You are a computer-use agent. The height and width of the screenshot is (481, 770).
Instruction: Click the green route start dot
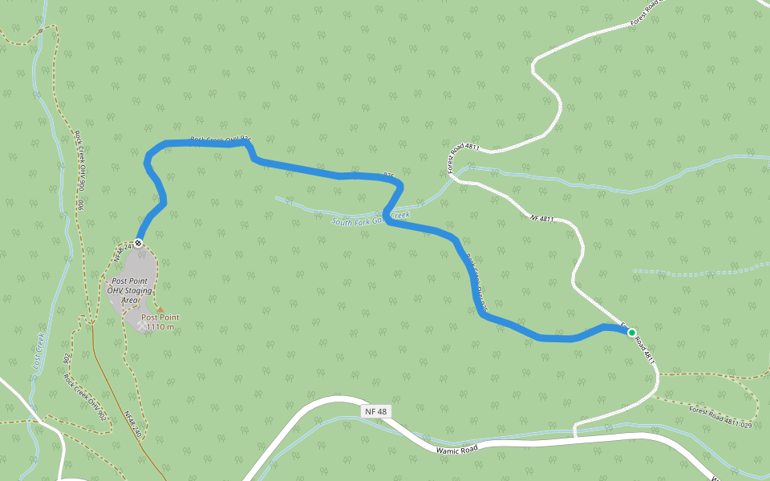(631, 332)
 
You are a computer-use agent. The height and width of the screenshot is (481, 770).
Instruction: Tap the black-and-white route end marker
(139, 243)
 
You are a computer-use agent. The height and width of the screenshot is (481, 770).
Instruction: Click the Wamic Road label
(457, 450)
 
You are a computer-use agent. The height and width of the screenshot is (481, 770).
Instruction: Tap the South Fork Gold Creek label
(371, 217)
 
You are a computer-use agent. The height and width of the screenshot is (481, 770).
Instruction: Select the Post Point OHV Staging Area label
(129, 289)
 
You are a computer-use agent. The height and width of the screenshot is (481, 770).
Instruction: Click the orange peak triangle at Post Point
(160, 309)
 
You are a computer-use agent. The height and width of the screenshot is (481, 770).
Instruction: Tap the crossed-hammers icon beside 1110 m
(142, 326)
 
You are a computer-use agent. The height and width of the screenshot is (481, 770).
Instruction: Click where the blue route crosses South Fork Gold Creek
(389, 214)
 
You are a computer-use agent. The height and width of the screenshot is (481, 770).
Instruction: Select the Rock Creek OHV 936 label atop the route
(221, 139)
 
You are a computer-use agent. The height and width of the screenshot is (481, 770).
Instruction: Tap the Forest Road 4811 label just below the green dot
(646, 350)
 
